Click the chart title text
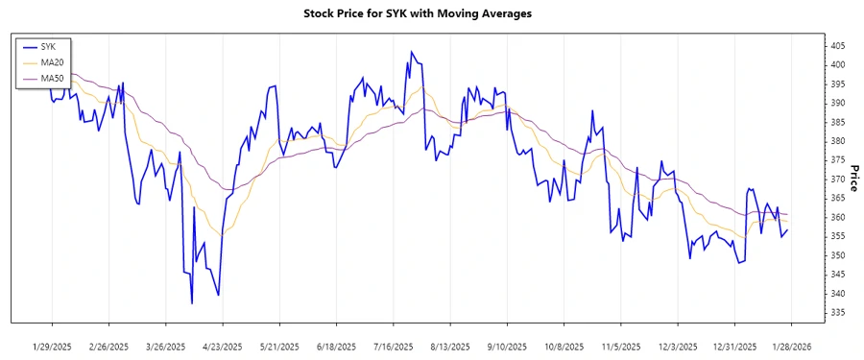pyautogui.click(x=431, y=13)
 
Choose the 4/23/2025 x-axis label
pyautogui.click(x=222, y=346)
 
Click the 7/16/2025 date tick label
pyautogui.click(x=393, y=346)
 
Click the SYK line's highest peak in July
pyautogui.click(x=412, y=52)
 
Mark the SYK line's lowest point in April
pyautogui.click(x=192, y=303)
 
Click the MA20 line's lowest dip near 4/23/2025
pyautogui.click(x=224, y=233)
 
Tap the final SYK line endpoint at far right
pyautogui.click(x=788, y=229)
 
